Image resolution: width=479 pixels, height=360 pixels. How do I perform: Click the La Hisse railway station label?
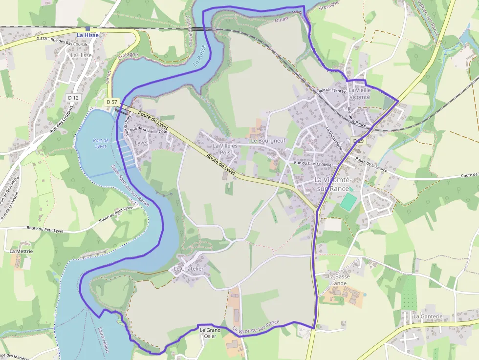point(87,35)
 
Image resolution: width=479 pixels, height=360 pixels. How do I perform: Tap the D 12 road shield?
point(73,98)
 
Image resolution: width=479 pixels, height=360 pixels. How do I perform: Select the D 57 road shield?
point(112,102)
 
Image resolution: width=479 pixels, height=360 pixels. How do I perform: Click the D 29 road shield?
point(358,141)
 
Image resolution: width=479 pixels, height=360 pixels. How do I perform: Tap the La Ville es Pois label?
point(225,149)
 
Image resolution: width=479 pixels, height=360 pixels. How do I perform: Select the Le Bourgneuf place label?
point(268,141)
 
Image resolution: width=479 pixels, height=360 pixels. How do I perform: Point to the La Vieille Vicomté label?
point(359,93)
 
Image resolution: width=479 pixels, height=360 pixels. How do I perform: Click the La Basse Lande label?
point(339,279)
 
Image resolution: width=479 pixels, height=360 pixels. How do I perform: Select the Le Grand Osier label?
point(210,333)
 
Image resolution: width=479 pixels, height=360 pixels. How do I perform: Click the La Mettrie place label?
point(22,251)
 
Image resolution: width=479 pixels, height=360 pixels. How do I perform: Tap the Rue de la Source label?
point(371,165)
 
